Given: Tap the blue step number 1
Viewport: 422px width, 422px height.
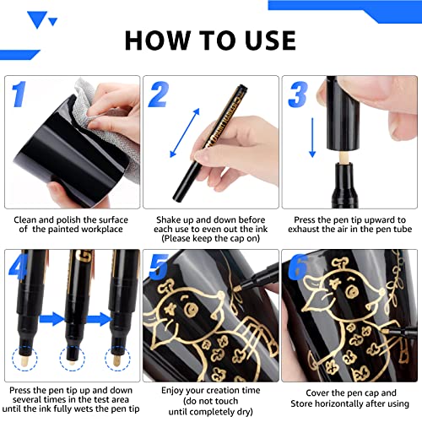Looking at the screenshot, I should point(21,95).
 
